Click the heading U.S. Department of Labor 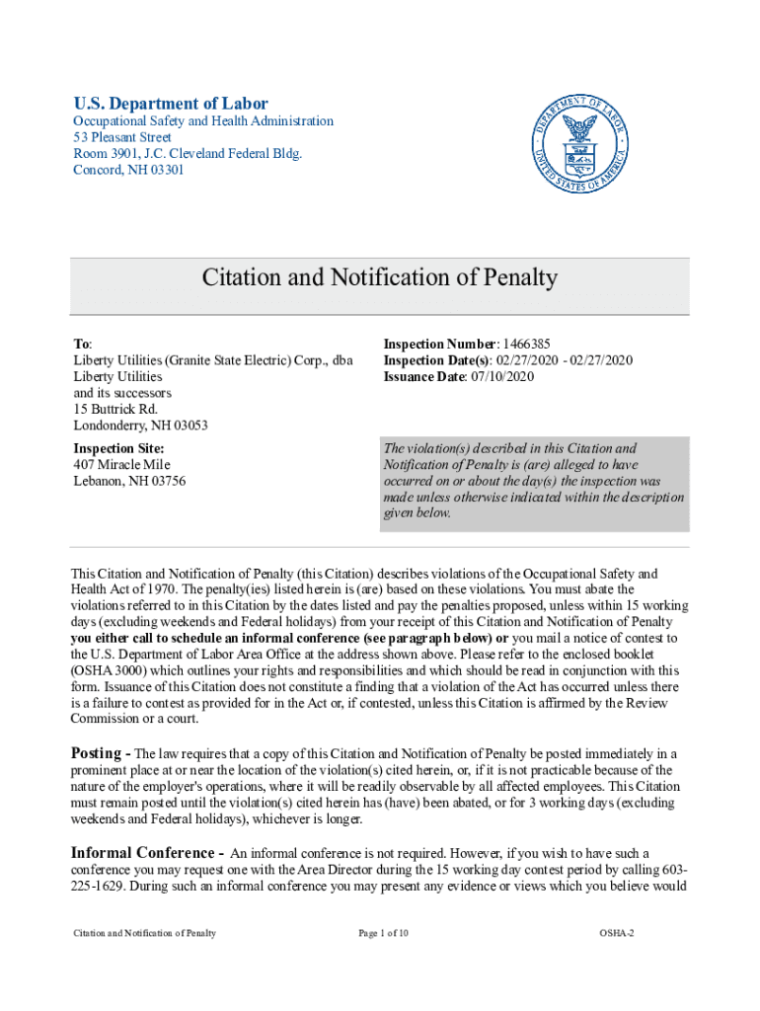[171, 104]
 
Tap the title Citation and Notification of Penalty [380, 278]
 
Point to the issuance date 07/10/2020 [499, 376]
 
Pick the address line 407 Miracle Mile [121, 464]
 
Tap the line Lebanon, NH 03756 [129, 481]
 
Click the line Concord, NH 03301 [128, 170]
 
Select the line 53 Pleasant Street [122, 137]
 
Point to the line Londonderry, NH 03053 [141, 426]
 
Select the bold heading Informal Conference [141, 852]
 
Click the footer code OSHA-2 [616, 933]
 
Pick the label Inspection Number [439, 344]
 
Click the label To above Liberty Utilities [82, 344]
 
